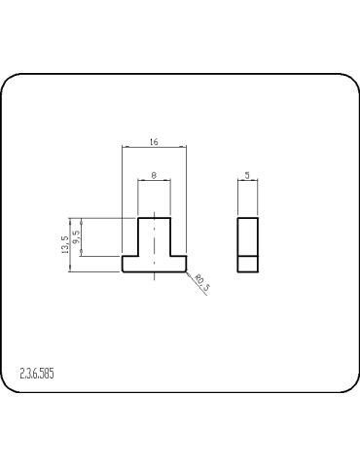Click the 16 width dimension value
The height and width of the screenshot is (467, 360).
pyautogui.click(x=154, y=142)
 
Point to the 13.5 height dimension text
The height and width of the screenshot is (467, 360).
pyautogui.click(x=65, y=244)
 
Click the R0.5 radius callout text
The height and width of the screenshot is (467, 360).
pyautogui.click(x=201, y=284)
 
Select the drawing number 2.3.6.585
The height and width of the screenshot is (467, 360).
pyautogui.click(x=37, y=373)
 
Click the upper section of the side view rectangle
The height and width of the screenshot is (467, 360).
pyautogui.click(x=248, y=235)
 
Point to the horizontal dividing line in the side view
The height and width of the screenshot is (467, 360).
pyautogui.click(x=248, y=255)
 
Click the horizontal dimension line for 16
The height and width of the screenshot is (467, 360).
pyautogui.click(x=136, y=148)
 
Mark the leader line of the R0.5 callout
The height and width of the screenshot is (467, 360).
pyautogui.click(x=192, y=278)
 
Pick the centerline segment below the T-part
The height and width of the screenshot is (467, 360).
pyautogui.click(x=154, y=277)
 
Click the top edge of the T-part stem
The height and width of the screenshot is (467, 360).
pyautogui.click(x=154, y=218)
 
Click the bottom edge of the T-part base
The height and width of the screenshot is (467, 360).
pyautogui.click(x=154, y=270)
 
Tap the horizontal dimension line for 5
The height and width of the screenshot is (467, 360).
pyautogui.click(x=248, y=181)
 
